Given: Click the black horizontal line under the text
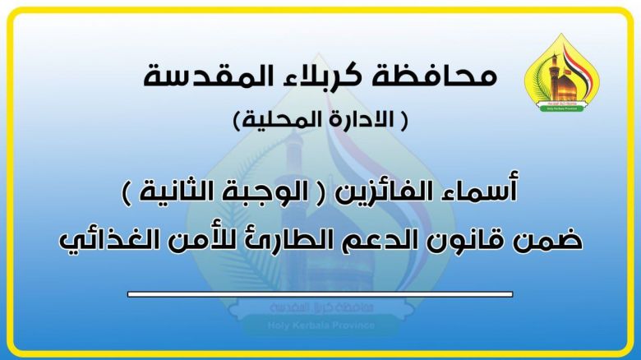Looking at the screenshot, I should click(x=320, y=293).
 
